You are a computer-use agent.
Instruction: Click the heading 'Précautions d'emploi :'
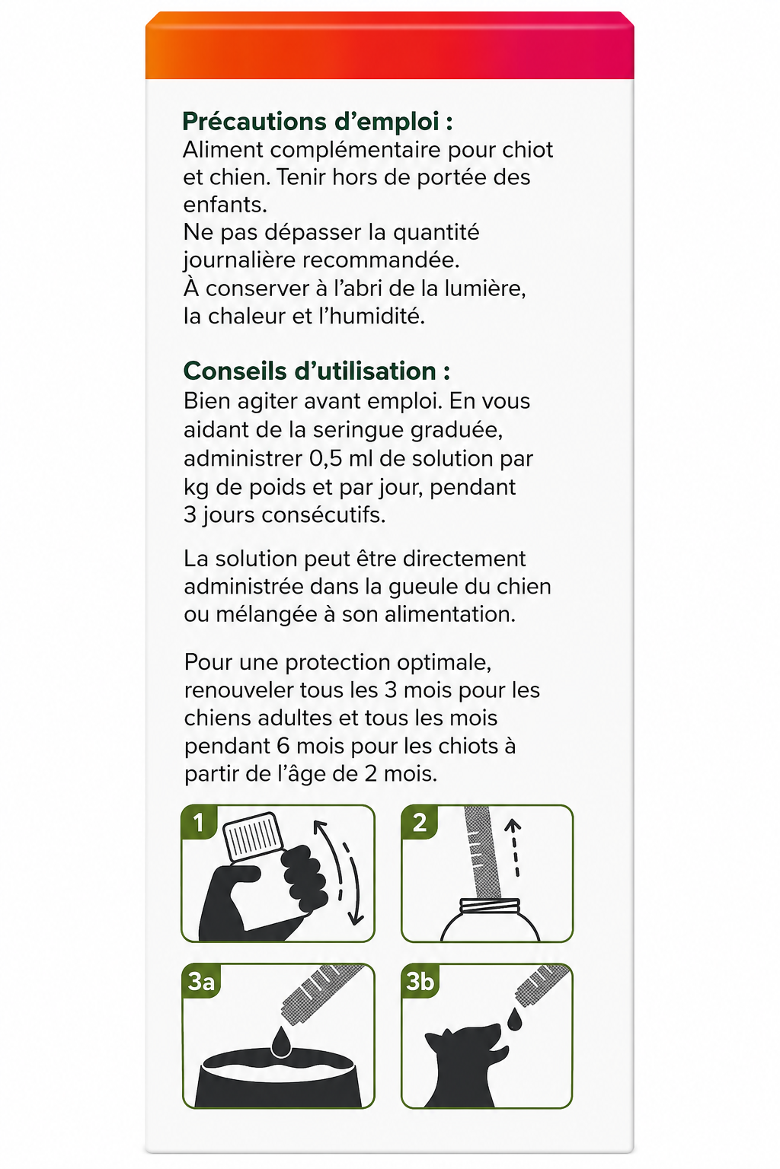tap(318, 122)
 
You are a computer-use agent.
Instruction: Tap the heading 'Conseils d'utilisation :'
tap(317, 371)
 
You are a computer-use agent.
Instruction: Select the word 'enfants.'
tap(225, 205)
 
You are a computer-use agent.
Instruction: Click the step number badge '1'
tap(199, 823)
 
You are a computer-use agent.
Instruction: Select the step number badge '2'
tap(420, 823)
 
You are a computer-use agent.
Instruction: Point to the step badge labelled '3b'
tap(420, 981)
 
